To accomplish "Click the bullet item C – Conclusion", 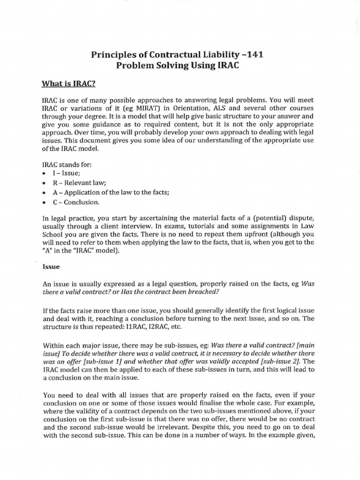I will [75, 202].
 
